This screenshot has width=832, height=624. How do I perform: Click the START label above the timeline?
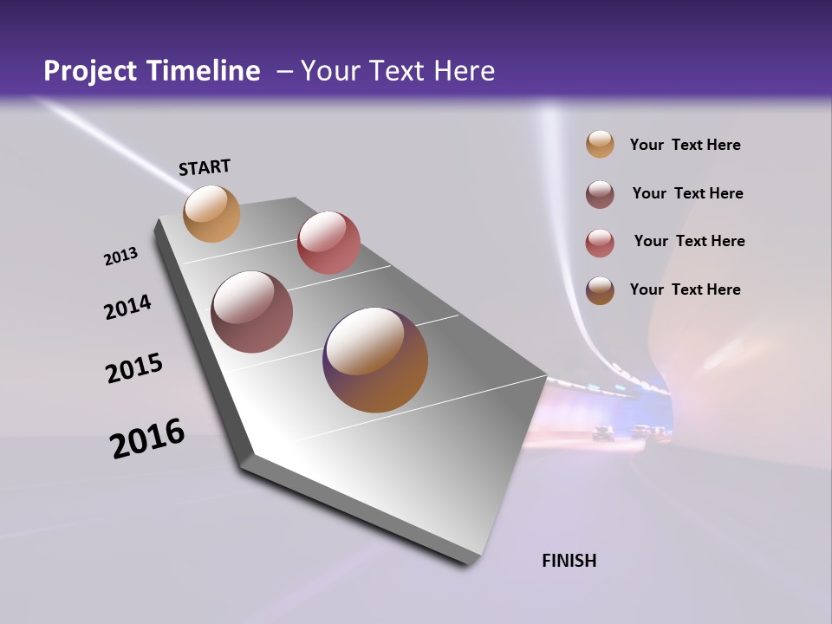205,167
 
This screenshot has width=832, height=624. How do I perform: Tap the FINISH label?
569,561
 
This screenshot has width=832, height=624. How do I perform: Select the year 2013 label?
120,257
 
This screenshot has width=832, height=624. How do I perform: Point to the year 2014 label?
128,307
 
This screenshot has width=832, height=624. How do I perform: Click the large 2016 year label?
147,439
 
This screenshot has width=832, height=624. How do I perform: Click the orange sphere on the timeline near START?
211,213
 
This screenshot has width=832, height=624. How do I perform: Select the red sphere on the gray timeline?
328,242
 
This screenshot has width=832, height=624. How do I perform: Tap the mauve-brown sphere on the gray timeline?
252,312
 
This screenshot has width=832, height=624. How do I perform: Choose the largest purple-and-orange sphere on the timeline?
375,360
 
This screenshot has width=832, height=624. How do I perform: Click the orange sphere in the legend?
600,144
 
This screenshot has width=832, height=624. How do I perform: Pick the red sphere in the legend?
600,243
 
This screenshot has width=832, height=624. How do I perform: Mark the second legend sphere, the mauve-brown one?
600,194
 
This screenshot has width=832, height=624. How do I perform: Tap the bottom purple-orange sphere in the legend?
600,290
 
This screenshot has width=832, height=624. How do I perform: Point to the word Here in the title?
464,71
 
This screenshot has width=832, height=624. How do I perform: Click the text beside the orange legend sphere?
685,145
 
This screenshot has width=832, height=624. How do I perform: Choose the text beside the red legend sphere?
689,241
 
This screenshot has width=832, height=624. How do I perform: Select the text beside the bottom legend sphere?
685,289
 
